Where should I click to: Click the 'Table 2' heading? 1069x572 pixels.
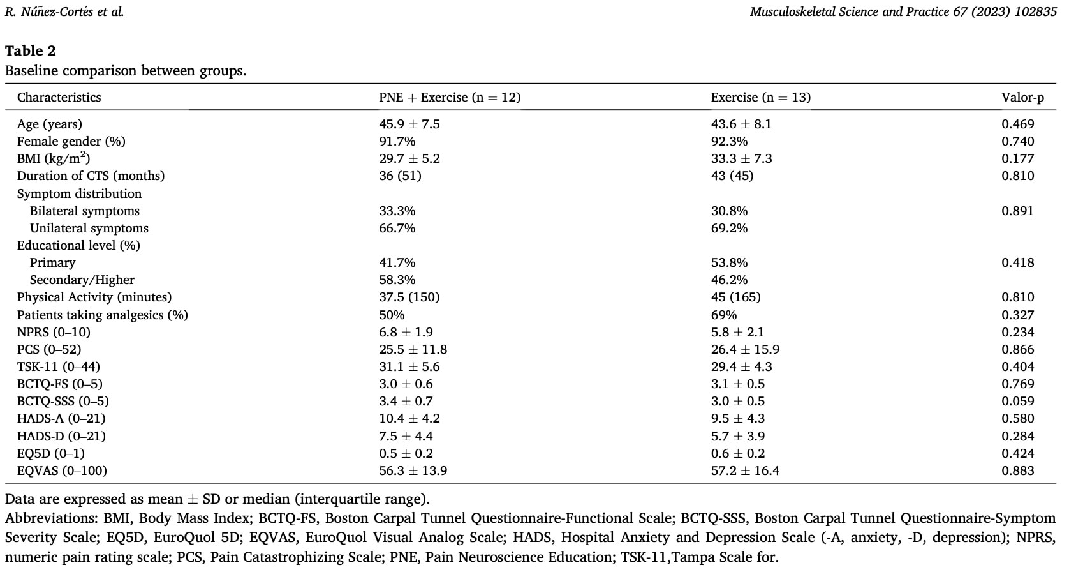pyautogui.click(x=31, y=50)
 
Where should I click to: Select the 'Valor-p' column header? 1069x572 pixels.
pyautogui.click(x=1022, y=98)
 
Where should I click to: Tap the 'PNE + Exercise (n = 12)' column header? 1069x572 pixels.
pyautogui.click(x=450, y=98)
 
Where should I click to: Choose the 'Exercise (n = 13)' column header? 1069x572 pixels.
pyautogui.click(x=761, y=98)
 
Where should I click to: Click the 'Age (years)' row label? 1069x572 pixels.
pyautogui.click(x=50, y=124)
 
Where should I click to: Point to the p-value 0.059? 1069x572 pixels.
pyautogui.click(x=1018, y=401)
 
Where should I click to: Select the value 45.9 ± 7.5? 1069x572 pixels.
pyautogui.click(x=409, y=124)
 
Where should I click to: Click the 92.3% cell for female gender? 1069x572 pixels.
pyautogui.click(x=729, y=141)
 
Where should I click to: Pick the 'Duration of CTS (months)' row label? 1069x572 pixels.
pyautogui.click(x=91, y=176)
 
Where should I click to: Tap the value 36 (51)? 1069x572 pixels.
pyautogui.click(x=401, y=176)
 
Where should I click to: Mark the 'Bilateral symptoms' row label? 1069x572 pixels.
pyautogui.click(x=85, y=211)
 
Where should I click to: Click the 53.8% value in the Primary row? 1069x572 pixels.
pyautogui.click(x=729, y=262)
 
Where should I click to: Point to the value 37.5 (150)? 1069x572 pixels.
pyautogui.click(x=409, y=297)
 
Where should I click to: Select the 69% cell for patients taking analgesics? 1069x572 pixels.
pyautogui.click(x=724, y=315)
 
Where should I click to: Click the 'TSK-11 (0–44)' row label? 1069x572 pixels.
pyautogui.click(x=59, y=366)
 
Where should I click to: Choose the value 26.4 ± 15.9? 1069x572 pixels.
pyautogui.click(x=745, y=349)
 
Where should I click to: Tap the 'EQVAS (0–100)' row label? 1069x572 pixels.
pyautogui.click(x=62, y=470)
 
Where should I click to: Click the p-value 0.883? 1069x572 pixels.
pyautogui.click(x=1018, y=470)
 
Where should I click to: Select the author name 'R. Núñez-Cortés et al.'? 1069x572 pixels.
pyautogui.click(x=64, y=11)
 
